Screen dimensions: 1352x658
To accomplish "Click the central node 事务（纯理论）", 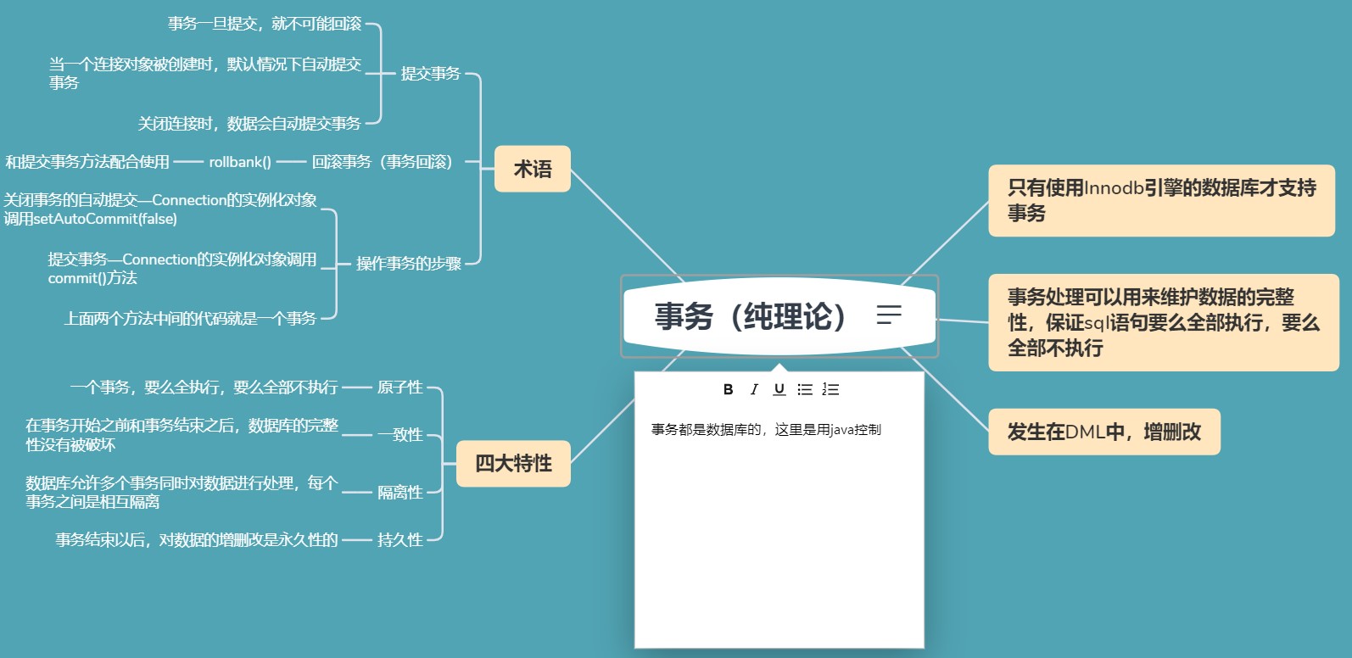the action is pyautogui.click(x=751, y=316).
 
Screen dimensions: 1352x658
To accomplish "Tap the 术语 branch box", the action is pyautogui.click(x=532, y=169).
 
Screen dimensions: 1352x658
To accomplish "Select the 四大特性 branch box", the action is pyautogui.click(x=513, y=463).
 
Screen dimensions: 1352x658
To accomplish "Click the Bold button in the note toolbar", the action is pyautogui.click(x=728, y=389).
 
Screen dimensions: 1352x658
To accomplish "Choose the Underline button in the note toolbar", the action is pyautogui.click(x=779, y=389).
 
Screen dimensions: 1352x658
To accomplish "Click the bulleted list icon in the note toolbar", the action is pyautogui.click(x=805, y=389).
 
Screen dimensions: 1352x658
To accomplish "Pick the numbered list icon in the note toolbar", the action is pyautogui.click(x=830, y=389).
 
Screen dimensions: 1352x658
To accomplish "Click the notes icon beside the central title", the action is pyautogui.click(x=889, y=315).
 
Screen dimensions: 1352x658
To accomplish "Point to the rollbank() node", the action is pyautogui.click(x=240, y=162).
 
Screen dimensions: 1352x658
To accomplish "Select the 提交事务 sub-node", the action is pyautogui.click(x=430, y=74).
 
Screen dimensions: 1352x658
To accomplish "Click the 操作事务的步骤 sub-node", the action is pyautogui.click(x=408, y=264).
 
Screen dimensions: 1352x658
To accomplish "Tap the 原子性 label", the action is pyautogui.click(x=399, y=388).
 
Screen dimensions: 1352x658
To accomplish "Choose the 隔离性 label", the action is pyautogui.click(x=399, y=493).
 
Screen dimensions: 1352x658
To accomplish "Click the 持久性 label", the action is pyautogui.click(x=399, y=539).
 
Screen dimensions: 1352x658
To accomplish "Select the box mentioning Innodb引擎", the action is pyautogui.click(x=1161, y=200).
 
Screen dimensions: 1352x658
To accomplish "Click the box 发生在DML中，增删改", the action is pyautogui.click(x=1103, y=432).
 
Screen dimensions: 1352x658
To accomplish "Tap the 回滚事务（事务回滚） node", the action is pyautogui.click(x=382, y=162).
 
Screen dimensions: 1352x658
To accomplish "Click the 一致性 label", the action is pyautogui.click(x=400, y=435).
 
